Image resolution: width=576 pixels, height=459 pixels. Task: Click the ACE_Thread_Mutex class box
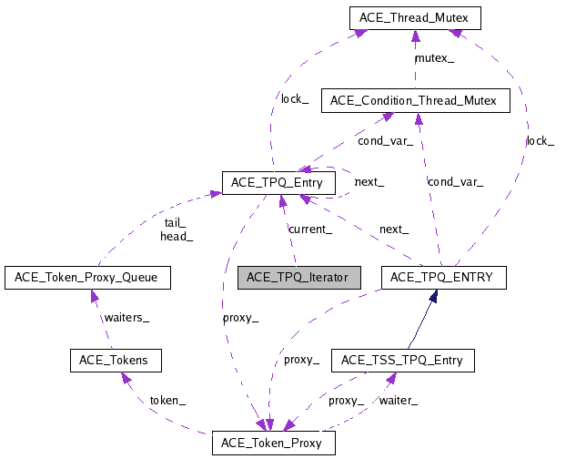pos(414,16)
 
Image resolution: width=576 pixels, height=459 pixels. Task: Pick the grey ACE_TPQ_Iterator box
pos(299,277)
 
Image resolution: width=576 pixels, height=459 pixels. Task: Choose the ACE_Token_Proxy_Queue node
pos(87,277)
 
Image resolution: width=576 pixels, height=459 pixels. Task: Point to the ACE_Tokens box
pos(116,360)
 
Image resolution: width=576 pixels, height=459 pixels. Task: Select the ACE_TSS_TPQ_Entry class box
pos(402,360)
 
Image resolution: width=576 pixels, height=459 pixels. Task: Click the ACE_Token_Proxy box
pos(273,444)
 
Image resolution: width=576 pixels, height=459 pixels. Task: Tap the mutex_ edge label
pos(434,57)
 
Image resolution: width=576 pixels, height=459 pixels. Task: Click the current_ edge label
pos(309,229)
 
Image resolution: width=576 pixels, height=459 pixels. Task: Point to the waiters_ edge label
pos(126,317)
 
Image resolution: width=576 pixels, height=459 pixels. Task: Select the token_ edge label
pos(167,400)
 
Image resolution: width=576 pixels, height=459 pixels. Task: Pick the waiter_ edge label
pos(398,400)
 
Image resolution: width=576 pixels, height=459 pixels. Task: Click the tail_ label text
pos(175,222)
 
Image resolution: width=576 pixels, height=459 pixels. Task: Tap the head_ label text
pos(177,236)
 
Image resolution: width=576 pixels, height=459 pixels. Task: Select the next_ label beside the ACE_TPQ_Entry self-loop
pos(369,181)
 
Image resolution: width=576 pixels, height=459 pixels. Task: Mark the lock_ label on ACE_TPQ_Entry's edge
pos(294,98)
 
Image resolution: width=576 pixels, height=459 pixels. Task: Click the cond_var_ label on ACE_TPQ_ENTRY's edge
pos(455,181)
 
